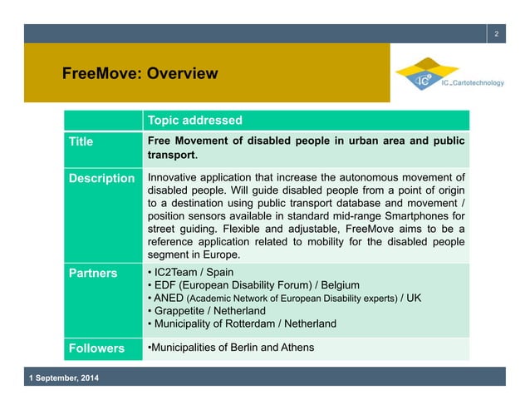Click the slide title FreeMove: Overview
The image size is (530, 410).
point(140,74)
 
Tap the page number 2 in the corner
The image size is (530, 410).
point(496,33)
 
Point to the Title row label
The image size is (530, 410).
point(81,141)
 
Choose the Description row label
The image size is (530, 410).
point(101,178)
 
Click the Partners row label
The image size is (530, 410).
point(91,272)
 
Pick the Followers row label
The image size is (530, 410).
point(96,348)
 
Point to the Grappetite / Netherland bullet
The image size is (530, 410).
point(218,310)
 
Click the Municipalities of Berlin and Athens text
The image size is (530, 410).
point(230,348)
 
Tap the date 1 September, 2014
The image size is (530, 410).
point(63,379)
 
